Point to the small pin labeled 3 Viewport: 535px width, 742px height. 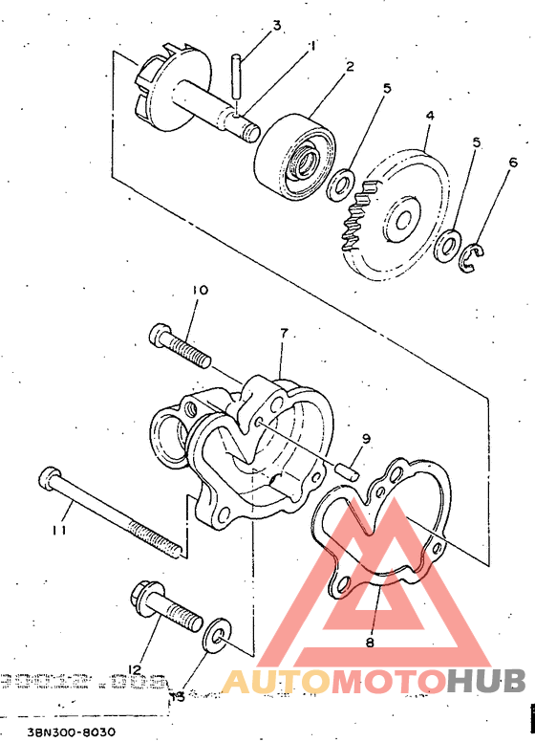tap(234, 78)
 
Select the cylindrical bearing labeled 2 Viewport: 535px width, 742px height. tap(295, 155)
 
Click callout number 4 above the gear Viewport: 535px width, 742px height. tap(430, 115)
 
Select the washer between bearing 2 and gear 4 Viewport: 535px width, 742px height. tap(342, 182)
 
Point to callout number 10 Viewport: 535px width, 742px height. tap(200, 289)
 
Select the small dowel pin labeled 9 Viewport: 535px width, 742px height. tap(351, 469)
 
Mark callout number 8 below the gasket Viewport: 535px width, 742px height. tap(370, 644)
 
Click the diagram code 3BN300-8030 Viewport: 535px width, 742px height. tap(72, 732)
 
